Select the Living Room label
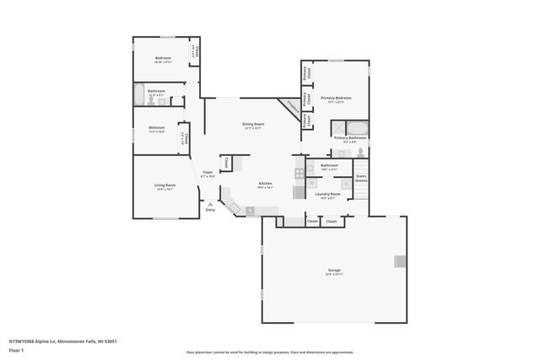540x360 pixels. (x=164, y=186)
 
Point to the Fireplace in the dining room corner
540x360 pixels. (x=294, y=106)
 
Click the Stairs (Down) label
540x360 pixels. (x=360, y=178)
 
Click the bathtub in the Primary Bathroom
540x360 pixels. (x=359, y=128)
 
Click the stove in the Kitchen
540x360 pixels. (x=299, y=174)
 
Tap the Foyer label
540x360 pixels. (x=208, y=174)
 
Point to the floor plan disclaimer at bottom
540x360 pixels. (x=270, y=351)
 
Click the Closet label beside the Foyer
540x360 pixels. (x=226, y=162)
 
